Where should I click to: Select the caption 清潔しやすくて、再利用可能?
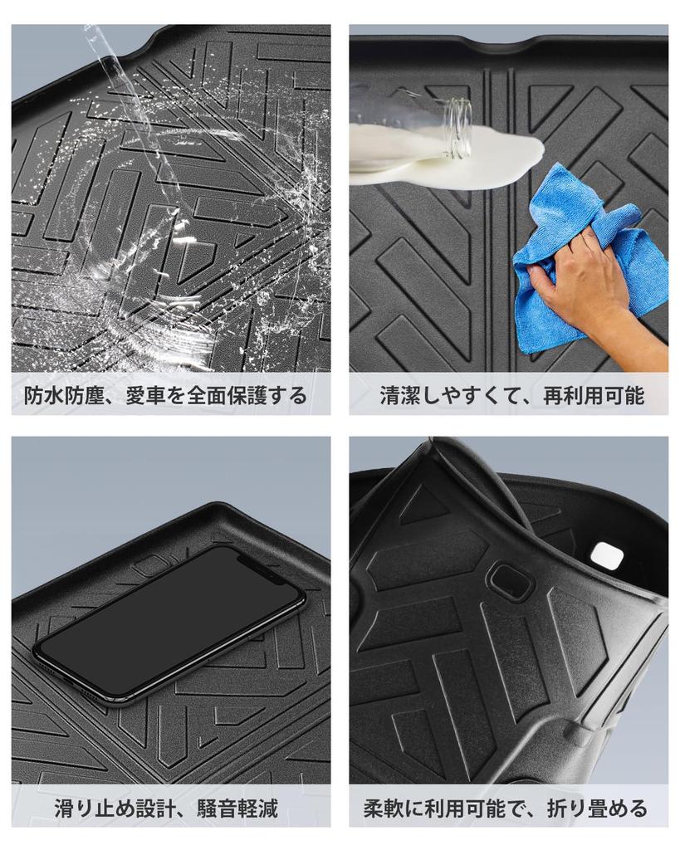coord(508,395)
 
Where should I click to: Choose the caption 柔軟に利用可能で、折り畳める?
coord(508,807)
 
